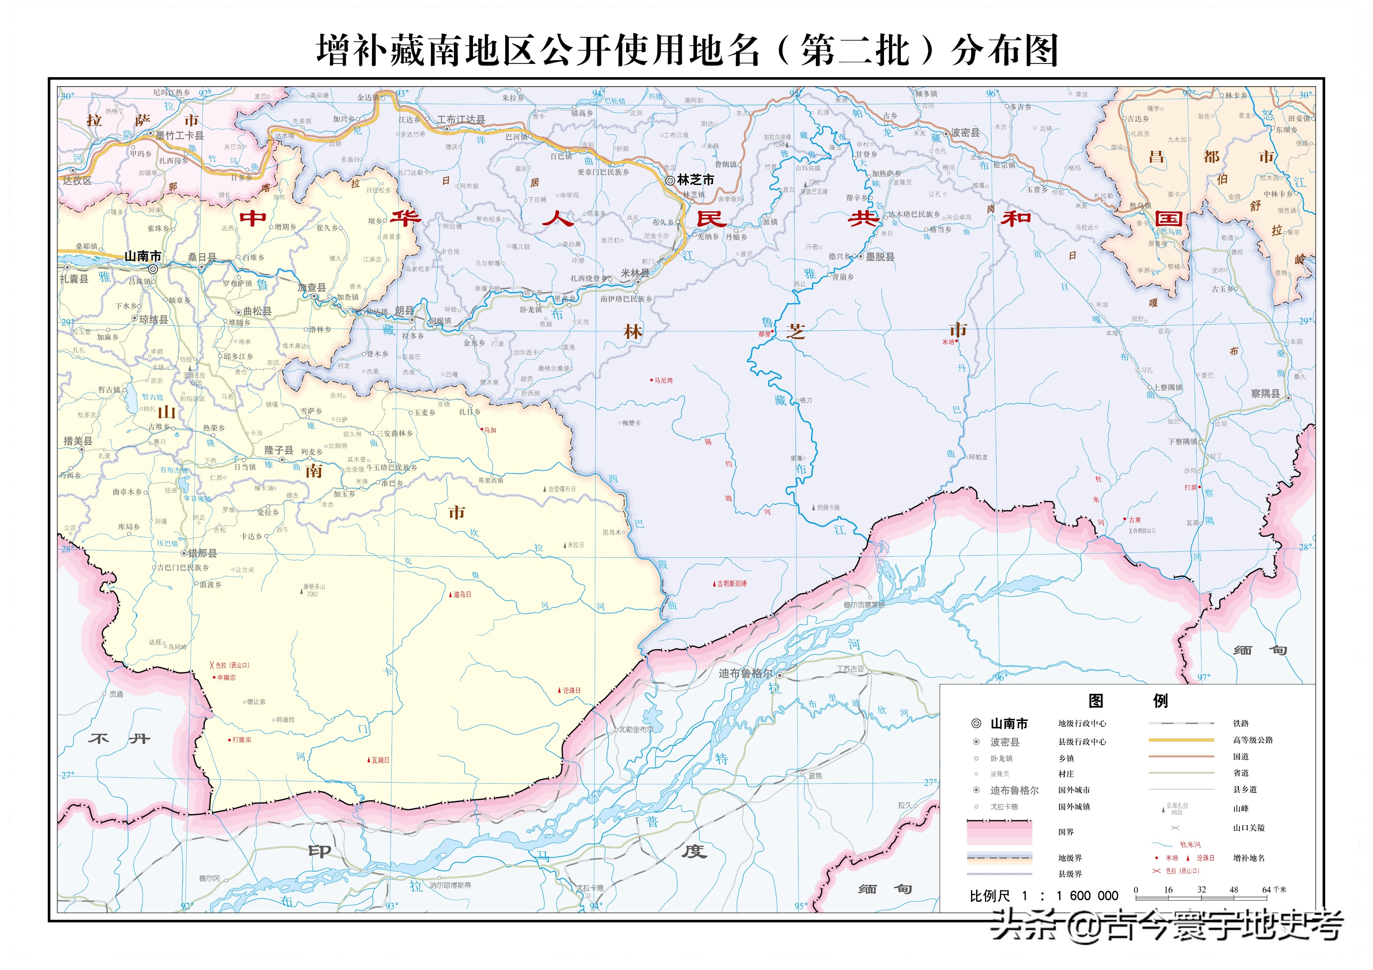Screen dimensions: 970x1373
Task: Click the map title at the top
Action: pyautogui.click(x=686, y=50)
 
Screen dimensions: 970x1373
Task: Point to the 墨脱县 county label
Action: pyautogui.click(x=880, y=257)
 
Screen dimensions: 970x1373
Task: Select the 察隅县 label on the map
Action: pyautogui.click(x=1265, y=394)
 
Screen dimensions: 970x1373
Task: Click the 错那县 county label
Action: pyautogui.click(x=202, y=553)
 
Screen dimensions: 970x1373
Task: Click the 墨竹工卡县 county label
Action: pyautogui.click(x=179, y=136)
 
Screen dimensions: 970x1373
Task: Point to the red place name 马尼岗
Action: pyautogui.click(x=663, y=380)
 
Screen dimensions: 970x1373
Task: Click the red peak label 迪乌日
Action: pyautogui.click(x=462, y=595)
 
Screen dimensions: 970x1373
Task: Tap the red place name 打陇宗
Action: pyautogui.click(x=241, y=740)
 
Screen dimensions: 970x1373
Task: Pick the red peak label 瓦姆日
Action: pyautogui.click(x=380, y=760)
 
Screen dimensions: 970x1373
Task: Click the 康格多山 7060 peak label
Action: pyautogui.click(x=313, y=590)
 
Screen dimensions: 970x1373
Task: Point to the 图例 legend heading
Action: pyautogui.click(x=1127, y=701)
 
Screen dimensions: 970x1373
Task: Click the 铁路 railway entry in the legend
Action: pyautogui.click(x=1240, y=723)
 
